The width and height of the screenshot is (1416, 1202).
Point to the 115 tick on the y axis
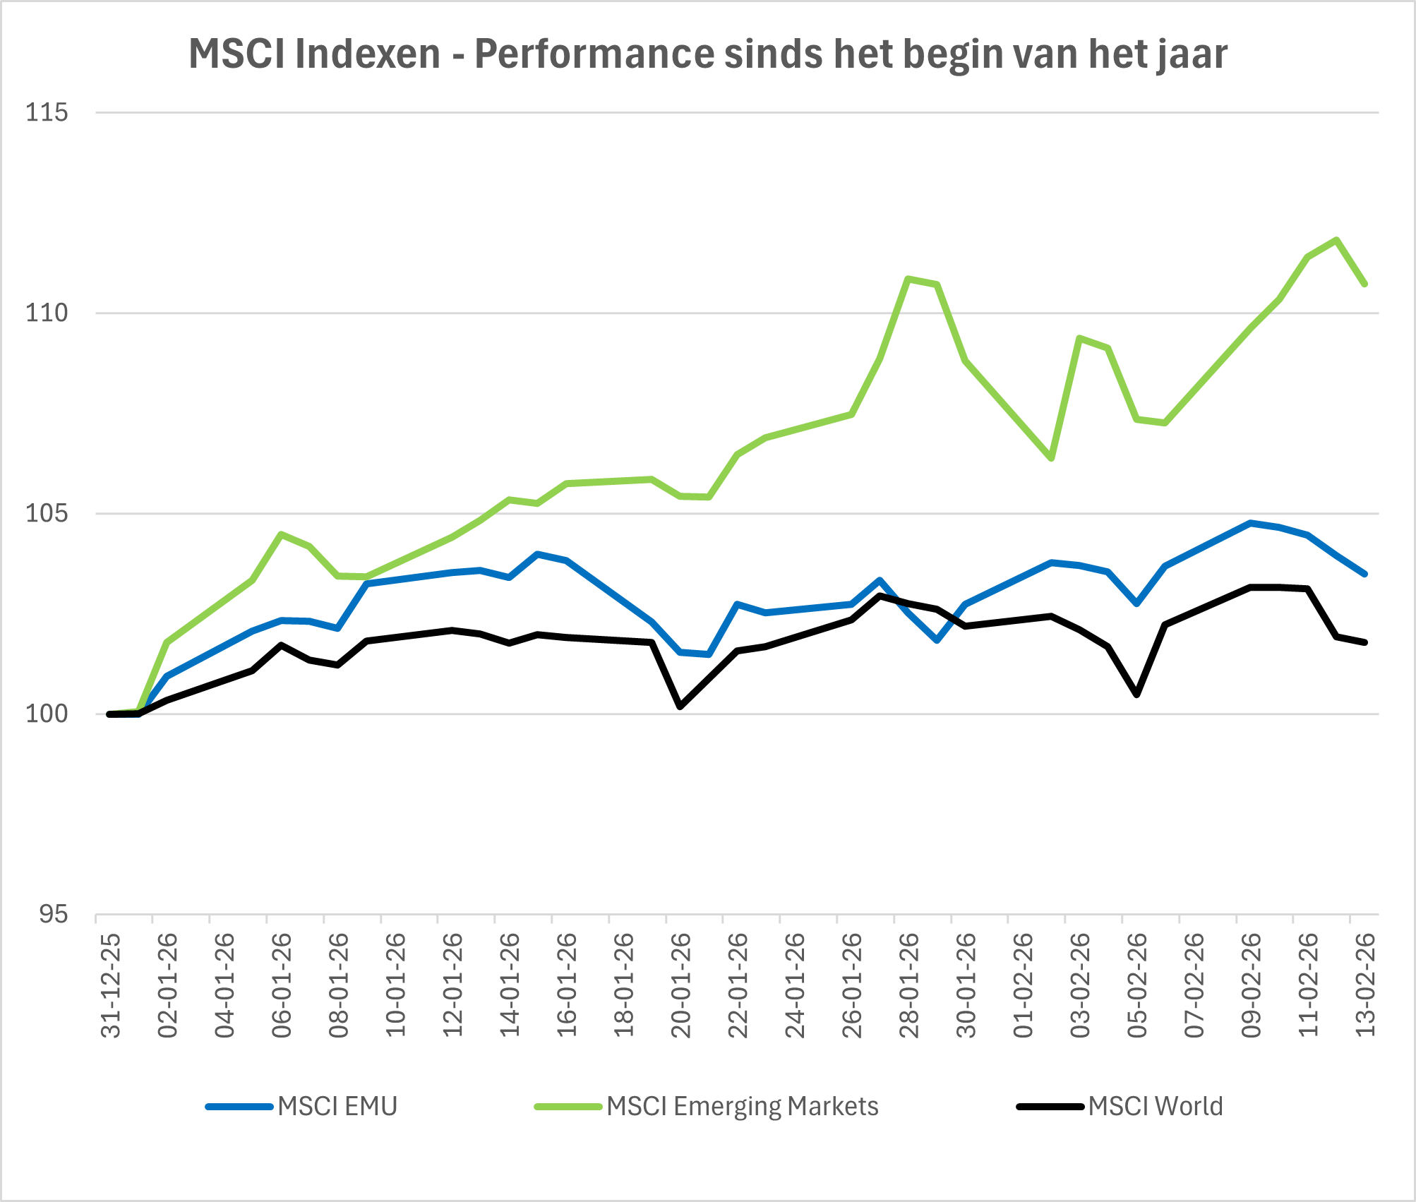pos(47,112)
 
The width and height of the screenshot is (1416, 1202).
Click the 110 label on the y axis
pos(47,313)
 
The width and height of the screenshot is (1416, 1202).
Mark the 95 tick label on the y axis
pos(54,915)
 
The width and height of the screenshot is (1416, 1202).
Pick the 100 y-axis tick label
pos(47,714)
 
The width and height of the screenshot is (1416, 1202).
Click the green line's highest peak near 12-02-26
pos(1336,240)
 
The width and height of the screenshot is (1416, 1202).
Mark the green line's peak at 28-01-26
pos(908,279)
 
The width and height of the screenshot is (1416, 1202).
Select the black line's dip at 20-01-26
pos(680,706)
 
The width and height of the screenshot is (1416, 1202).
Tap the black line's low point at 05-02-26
pos(1137,695)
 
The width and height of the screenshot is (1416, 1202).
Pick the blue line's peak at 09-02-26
pos(1251,523)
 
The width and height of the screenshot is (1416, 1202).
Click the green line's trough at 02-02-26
pos(1052,458)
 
